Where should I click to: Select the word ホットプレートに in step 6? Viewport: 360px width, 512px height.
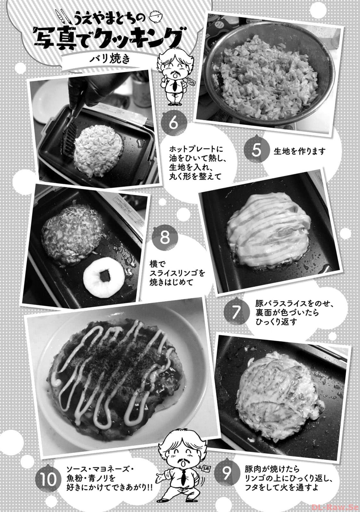point(196,150)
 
